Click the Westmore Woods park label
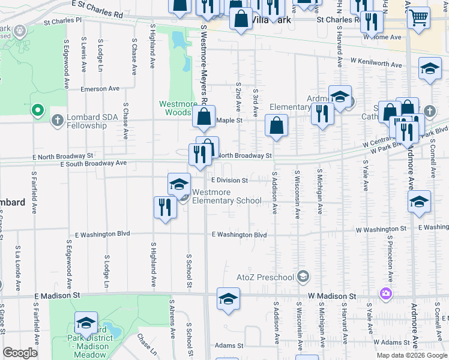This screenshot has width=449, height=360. tap(178, 108)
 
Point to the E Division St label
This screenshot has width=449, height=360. tap(229, 180)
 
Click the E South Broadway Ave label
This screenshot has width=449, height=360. tap(93, 163)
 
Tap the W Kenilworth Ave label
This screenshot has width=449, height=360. tap(376, 63)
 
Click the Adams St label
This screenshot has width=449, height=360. tap(228, 346)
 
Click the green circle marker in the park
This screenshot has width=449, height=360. tap(38, 110)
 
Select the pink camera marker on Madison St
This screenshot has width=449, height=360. tap(385, 294)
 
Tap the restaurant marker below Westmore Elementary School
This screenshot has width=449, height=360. tap(164, 208)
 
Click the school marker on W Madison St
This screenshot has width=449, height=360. tap(228, 299)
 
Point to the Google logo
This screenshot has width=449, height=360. tap(20, 353)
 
